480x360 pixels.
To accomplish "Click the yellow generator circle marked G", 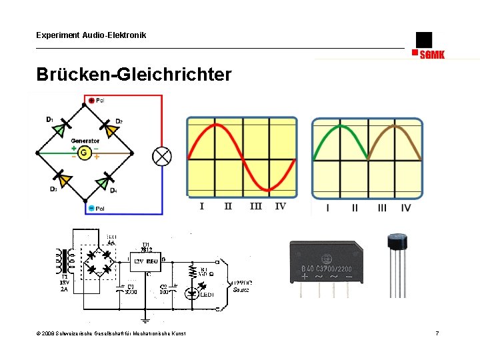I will coord(84,153).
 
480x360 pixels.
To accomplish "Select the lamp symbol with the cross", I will coord(162,156).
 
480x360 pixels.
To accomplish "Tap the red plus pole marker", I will coord(91,101).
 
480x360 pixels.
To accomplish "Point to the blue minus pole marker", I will coord(91,209).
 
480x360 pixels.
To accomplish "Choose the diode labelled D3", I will coord(63,179).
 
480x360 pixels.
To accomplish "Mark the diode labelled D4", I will coord(104,181).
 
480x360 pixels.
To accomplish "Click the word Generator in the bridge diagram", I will coord(85,141).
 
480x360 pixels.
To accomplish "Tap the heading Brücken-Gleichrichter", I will coord(134,74).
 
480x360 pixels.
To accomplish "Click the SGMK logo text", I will coord(432,55).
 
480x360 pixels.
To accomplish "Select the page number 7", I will coord(437,333).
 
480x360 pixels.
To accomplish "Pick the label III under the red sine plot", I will coord(255,206).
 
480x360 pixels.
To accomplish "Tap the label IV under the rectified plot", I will coord(406,208).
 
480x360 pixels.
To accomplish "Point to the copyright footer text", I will coord(111,333).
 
